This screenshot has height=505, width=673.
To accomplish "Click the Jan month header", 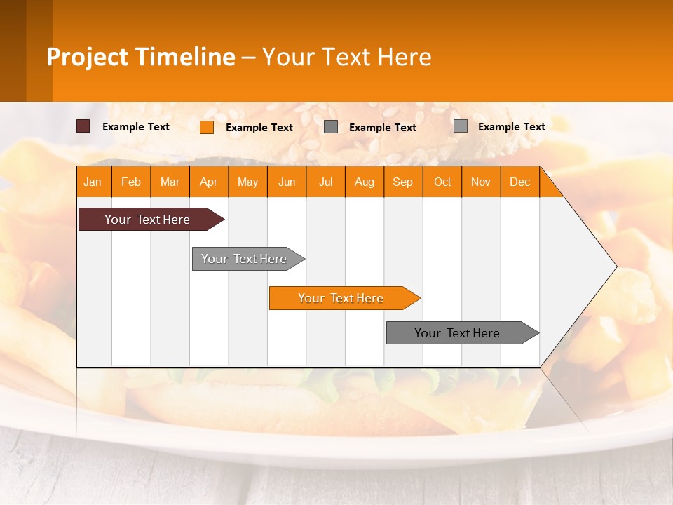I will point(93,182).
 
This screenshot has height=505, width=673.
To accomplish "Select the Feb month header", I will point(131,182).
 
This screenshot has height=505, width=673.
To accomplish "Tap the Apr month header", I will point(209,182).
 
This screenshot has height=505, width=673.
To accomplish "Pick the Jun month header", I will point(287,182).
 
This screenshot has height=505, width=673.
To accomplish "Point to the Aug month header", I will point(365,182).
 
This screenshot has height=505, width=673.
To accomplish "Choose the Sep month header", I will point(403,182).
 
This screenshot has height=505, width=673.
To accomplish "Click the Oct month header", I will point(442,182).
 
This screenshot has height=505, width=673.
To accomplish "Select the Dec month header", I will point(520,182).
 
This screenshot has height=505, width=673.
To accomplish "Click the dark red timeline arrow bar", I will point(147,220).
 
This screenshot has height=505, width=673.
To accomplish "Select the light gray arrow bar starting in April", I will point(244,259).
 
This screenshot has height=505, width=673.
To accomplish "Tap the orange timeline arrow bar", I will point(341,298).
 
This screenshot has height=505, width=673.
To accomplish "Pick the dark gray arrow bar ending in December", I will point(457,333).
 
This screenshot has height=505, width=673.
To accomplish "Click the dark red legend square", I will point(83,126).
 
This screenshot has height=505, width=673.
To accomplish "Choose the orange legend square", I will point(207,127).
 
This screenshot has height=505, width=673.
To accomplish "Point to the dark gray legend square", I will point(331,127).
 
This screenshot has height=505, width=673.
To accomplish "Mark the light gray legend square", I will point(461,126).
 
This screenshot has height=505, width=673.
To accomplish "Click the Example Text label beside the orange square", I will point(259,128).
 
